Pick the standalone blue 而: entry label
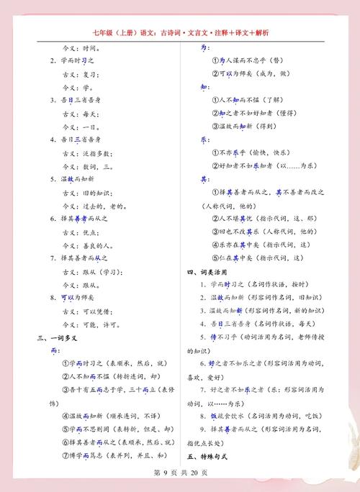click(55, 350)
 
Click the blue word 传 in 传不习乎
click(214, 337)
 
